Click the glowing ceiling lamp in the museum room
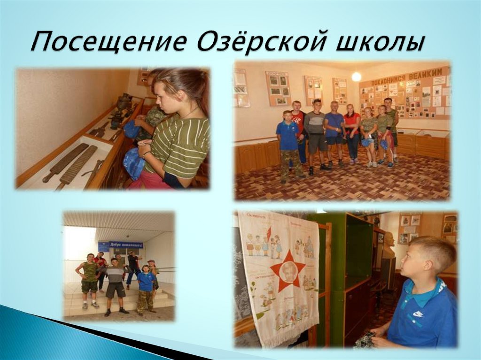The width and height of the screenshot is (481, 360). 357,77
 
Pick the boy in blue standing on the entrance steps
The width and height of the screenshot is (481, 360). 146,287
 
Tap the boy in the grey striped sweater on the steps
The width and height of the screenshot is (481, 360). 114,284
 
